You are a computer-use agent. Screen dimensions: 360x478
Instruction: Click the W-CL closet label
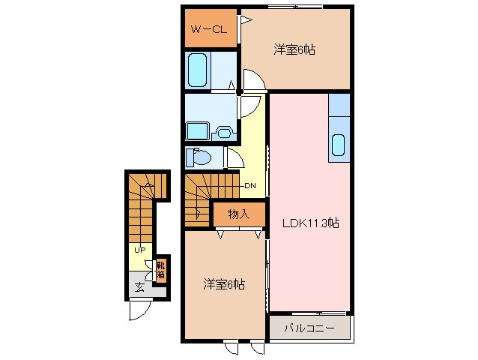tap(208, 30)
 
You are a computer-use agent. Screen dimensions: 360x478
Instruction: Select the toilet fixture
tap(199, 157)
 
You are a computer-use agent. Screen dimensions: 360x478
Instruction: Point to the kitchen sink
tap(338, 144)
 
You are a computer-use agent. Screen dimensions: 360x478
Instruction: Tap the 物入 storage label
tap(238, 214)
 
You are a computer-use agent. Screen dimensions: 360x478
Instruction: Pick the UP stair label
tap(139, 250)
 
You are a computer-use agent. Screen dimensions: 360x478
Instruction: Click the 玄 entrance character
tap(139, 287)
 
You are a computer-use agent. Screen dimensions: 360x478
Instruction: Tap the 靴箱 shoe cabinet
tap(160, 268)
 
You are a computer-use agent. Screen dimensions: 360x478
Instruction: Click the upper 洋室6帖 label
tap(294, 50)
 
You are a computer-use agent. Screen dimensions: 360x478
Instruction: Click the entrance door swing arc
tap(139, 310)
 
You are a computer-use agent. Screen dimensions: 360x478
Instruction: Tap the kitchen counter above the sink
tap(339, 105)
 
